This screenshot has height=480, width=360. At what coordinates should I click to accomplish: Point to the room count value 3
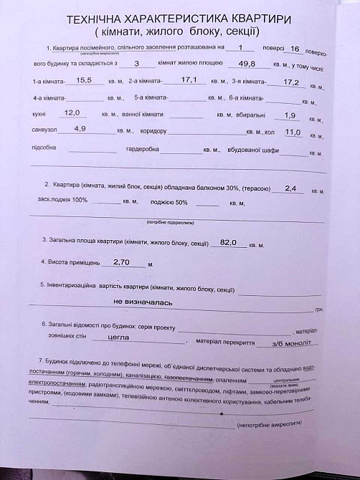coord(136,64)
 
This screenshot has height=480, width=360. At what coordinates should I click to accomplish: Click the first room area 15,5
coord(85,80)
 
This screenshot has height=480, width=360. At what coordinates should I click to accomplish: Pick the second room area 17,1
coord(189,80)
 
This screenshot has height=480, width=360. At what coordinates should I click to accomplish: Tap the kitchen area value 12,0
coord(72,112)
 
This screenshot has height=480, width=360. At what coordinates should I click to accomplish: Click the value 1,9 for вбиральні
coord(290,115)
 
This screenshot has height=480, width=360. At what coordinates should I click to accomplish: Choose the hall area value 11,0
coord(293,132)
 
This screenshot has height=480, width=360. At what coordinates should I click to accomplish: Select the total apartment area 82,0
coord(228,242)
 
